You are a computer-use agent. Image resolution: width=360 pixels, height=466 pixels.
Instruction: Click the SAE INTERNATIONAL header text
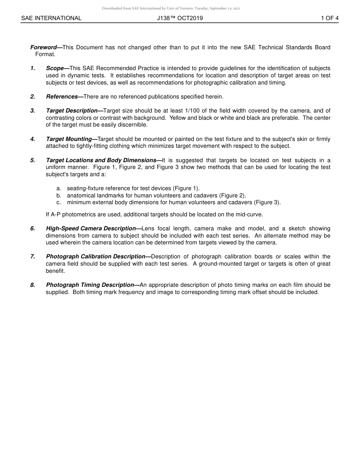click(51, 18)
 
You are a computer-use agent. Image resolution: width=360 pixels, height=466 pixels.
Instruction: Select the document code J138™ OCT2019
click(180, 18)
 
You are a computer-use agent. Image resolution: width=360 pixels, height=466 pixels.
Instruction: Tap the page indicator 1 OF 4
click(330, 18)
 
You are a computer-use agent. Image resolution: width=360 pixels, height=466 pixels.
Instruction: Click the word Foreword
click(43, 47)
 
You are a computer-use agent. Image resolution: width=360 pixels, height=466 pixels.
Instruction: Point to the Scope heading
click(55, 68)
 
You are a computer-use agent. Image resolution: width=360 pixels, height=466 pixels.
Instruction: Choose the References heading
click(62, 97)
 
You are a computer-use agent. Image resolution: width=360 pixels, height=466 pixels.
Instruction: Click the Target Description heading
click(72, 111)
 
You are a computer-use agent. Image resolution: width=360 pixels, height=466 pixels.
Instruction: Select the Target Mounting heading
click(69, 139)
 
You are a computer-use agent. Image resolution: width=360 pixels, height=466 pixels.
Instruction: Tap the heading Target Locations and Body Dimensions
click(101, 160)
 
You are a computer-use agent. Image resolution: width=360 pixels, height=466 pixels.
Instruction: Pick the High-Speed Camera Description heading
click(91, 228)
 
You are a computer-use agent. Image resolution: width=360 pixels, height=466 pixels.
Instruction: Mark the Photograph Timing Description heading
click(90, 285)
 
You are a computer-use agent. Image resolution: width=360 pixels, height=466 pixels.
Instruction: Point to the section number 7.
click(33, 256)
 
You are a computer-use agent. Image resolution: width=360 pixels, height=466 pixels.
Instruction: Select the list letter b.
click(59, 195)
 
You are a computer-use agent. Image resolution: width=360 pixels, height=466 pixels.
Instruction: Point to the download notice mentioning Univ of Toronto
click(171, 8)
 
